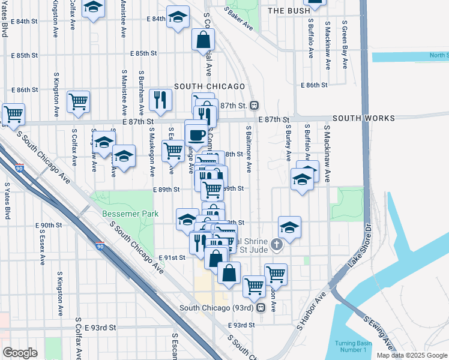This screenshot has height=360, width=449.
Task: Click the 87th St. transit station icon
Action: (255, 105)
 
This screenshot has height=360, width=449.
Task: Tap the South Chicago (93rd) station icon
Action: (261, 308)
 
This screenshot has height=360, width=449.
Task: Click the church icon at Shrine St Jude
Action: (276, 244)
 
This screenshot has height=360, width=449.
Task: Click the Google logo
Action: (20, 352)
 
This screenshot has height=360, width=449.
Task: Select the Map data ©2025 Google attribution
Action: (411, 355)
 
